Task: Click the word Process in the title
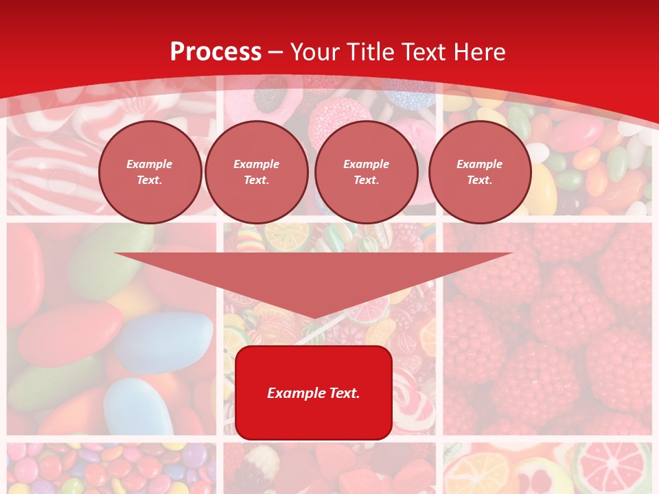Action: [x=216, y=52]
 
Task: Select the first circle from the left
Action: [x=150, y=172]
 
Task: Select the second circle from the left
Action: [x=257, y=172]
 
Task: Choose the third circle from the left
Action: [x=366, y=172]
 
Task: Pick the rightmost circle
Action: [x=479, y=172]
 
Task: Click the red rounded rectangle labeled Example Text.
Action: [x=314, y=392]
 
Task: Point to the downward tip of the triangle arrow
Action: [x=314, y=319]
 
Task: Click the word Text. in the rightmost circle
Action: [x=479, y=180]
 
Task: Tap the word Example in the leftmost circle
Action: [x=150, y=164]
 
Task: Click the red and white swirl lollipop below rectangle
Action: [x=411, y=398]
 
